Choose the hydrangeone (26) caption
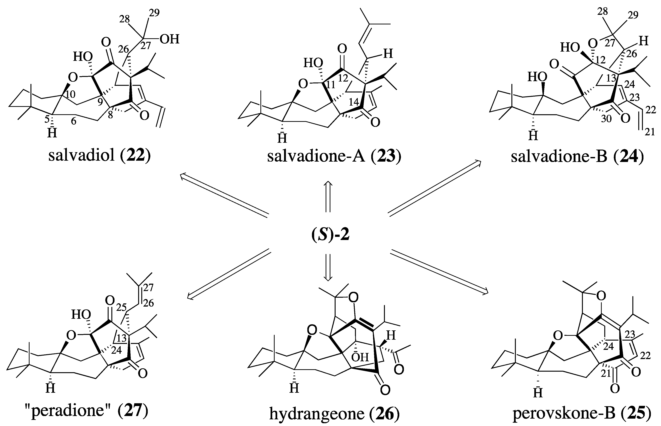334,414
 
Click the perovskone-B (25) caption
582,414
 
